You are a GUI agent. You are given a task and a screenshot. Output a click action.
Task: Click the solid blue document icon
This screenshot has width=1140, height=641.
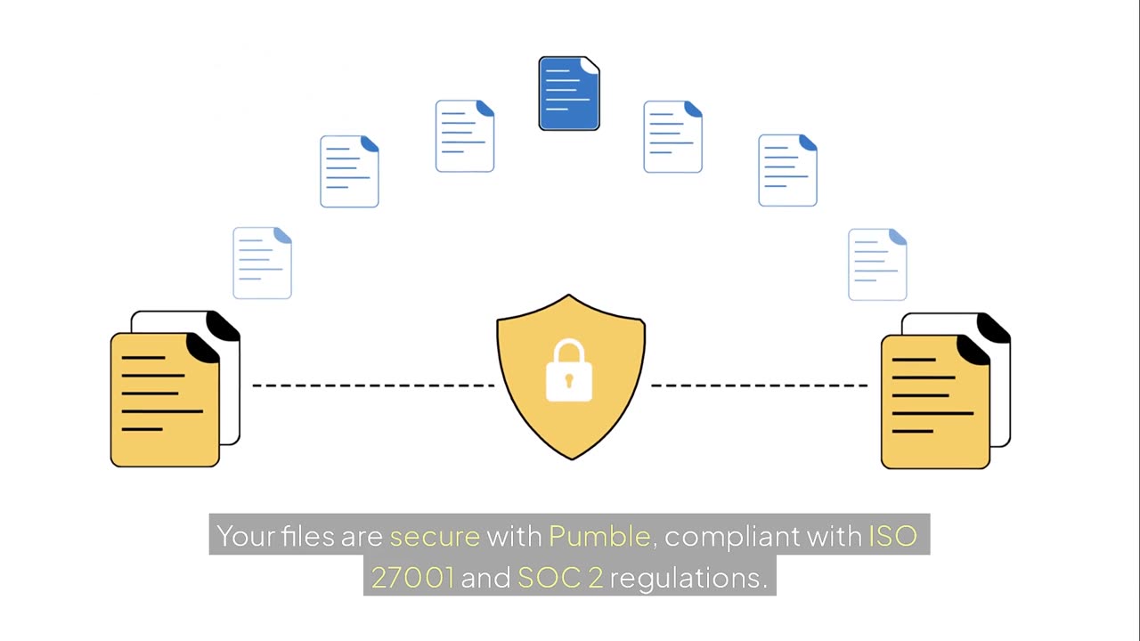[x=569, y=93]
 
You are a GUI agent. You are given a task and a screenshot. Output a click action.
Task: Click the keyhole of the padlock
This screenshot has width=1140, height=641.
[x=569, y=381]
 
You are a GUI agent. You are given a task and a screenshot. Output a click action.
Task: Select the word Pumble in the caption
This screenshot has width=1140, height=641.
[x=599, y=536]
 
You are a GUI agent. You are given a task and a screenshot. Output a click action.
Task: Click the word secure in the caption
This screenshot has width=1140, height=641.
[x=435, y=536]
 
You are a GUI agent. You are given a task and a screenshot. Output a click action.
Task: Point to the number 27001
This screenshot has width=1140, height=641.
[x=412, y=578]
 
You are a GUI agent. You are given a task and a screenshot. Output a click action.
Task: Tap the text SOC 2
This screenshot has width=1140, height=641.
[x=560, y=578]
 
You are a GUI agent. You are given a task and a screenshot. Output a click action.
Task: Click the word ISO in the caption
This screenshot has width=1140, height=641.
[x=892, y=536]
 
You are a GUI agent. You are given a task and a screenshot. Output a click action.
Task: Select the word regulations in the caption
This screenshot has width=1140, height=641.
[x=688, y=578]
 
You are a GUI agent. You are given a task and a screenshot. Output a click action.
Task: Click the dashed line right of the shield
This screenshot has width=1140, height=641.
[x=759, y=385]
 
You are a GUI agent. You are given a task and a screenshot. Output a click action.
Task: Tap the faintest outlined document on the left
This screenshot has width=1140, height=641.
[x=262, y=263]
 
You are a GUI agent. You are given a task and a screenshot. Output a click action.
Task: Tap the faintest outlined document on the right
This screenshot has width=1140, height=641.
[x=877, y=264]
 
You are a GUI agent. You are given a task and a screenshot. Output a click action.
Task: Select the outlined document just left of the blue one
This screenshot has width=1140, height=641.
[x=465, y=136]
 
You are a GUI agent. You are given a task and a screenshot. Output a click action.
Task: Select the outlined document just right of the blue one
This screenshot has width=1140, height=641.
[x=672, y=137]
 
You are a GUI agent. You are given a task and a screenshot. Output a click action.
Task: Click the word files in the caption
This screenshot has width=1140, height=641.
[x=308, y=536]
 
